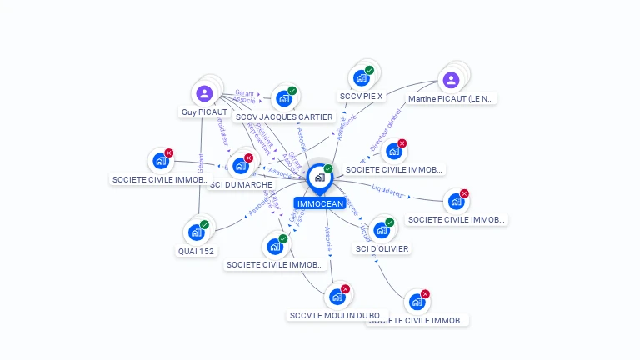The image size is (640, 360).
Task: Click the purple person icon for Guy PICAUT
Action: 205,92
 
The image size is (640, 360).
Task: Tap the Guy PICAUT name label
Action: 204,112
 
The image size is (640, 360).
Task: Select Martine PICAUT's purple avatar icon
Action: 451,80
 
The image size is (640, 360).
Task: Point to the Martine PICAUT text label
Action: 451,98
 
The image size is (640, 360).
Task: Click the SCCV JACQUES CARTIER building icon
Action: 284,98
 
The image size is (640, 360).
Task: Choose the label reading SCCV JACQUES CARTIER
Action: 284,117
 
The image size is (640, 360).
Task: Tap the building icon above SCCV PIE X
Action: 361,78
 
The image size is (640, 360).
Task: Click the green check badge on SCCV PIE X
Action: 369,70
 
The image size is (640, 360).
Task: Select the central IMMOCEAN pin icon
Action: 319,177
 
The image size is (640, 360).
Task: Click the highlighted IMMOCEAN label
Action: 319,203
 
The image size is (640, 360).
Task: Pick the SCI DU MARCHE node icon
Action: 240,165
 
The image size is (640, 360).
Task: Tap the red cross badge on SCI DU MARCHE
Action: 248,157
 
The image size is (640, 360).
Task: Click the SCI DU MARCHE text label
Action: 241,184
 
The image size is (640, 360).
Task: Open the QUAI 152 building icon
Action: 196,232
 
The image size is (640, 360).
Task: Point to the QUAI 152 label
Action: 196,251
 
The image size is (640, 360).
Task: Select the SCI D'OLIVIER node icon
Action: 382,230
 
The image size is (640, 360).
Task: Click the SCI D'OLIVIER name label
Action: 382,248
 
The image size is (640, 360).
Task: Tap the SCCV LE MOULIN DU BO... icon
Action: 337,297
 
